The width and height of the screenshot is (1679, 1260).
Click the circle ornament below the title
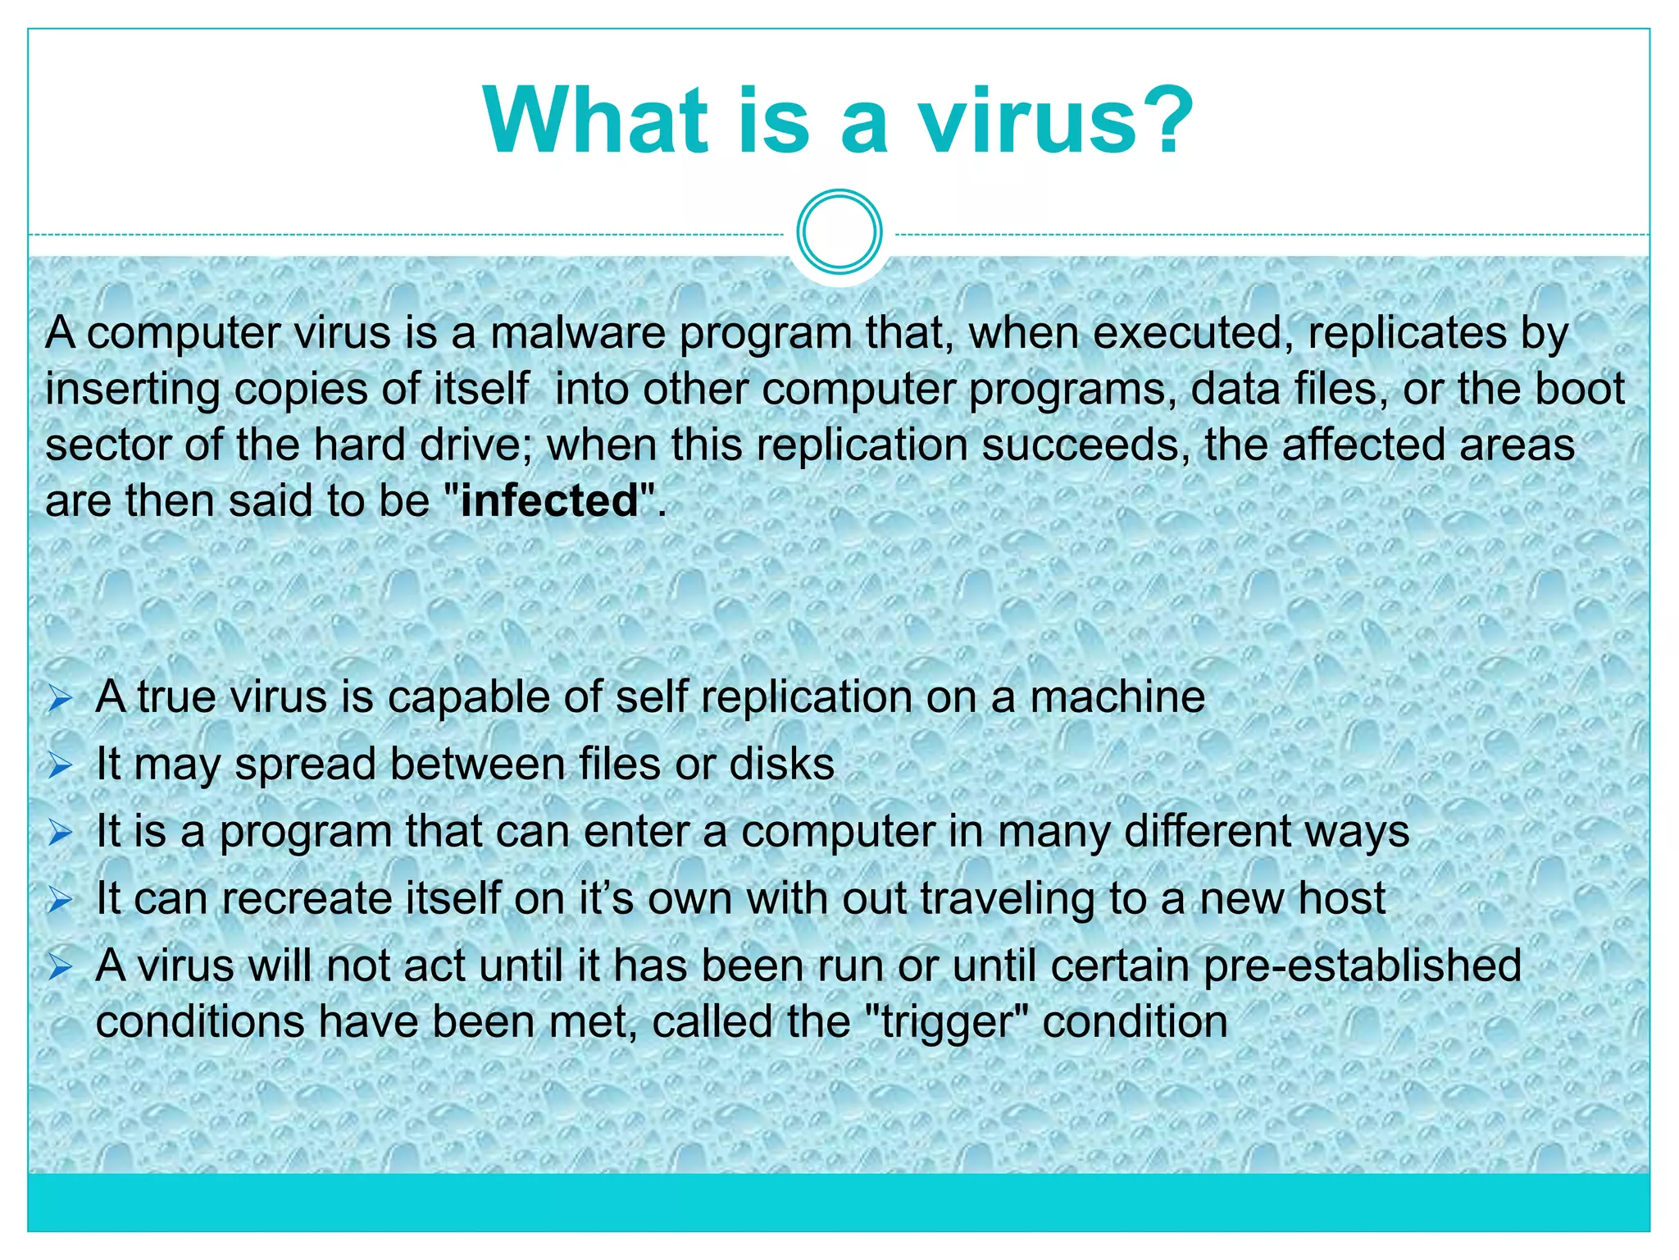click(839, 232)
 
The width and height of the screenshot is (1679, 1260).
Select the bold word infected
click(549, 500)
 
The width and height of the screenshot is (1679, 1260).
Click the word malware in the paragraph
click(578, 333)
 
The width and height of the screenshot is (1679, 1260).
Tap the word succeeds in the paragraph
click(1085, 445)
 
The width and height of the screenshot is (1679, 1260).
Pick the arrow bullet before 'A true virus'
click(61, 700)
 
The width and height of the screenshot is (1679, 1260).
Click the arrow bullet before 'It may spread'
click(61, 766)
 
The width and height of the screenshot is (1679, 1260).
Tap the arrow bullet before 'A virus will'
click(61, 968)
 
